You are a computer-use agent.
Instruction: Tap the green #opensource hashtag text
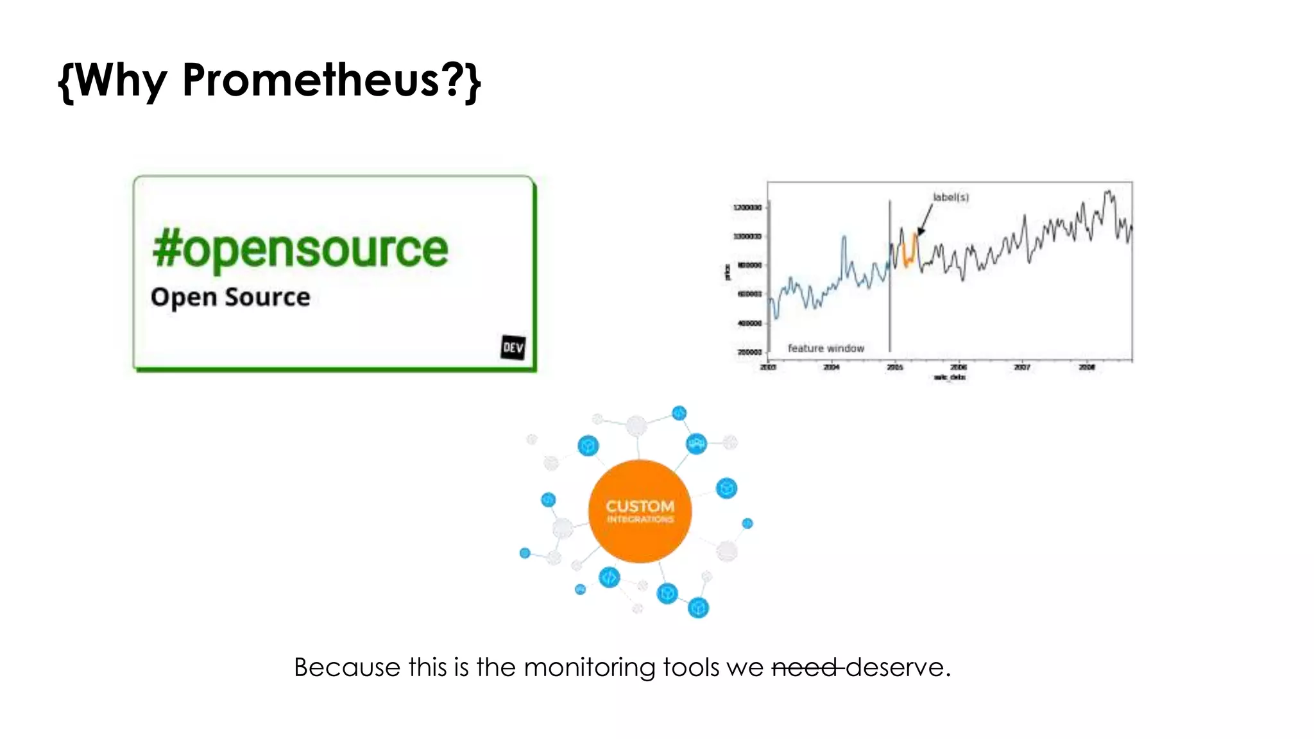point(300,249)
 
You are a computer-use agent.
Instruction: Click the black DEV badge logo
point(513,347)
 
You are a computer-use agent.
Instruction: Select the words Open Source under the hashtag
point(230,297)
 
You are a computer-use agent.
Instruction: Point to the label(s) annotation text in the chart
point(950,197)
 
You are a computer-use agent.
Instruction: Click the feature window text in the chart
point(826,348)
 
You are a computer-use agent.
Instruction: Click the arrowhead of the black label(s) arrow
point(921,232)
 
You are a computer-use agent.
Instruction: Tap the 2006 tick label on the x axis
point(958,367)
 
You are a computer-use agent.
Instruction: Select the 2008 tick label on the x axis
point(1086,367)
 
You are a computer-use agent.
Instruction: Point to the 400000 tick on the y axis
point(749,323)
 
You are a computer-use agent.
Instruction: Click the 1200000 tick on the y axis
point(747,207)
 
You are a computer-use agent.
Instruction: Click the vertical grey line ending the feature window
point(890,289)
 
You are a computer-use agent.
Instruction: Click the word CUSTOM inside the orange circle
point(640,505)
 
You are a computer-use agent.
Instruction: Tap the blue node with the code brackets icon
point(609,577)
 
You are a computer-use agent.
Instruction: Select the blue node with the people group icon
point(696,443)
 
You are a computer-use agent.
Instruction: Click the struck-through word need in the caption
point(805,667)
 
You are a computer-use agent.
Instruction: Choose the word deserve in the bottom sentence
point(894,667)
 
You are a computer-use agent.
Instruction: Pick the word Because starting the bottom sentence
point(347,667)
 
